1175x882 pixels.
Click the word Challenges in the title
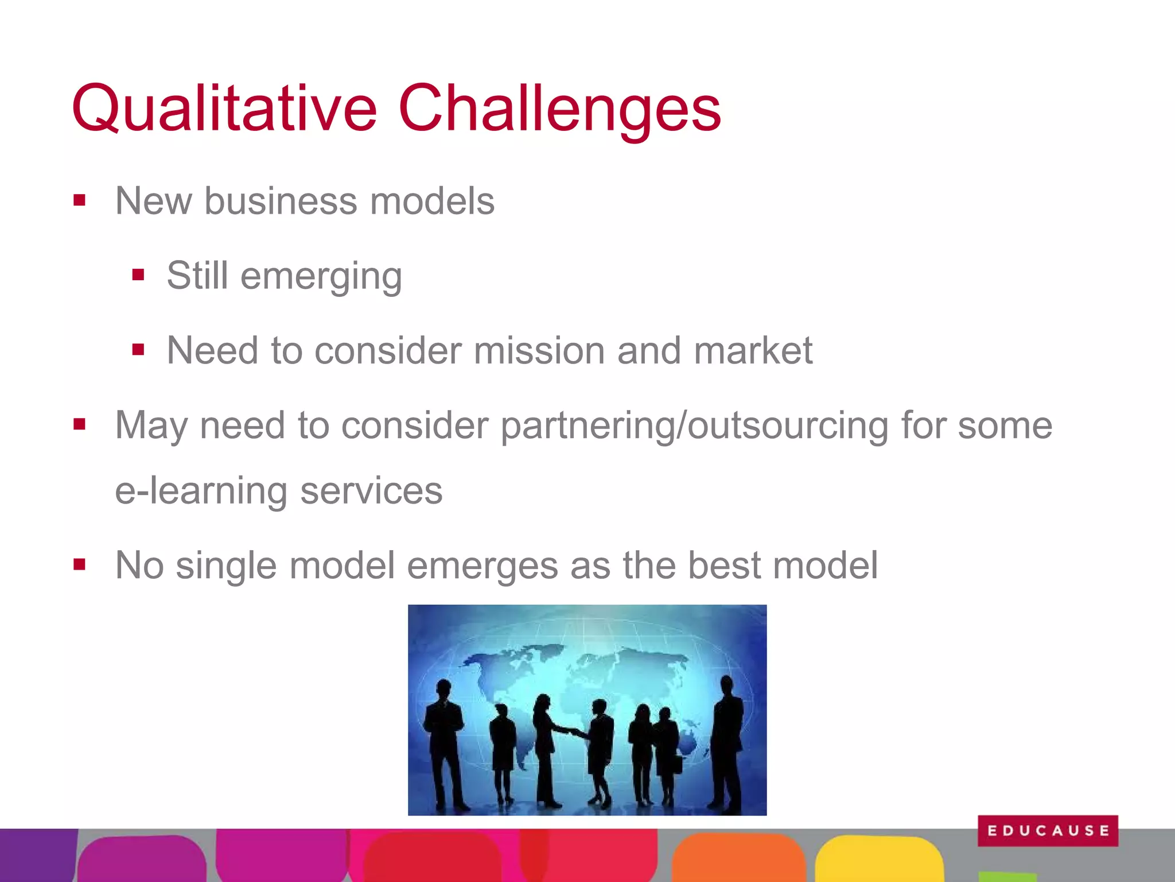(x=559, y=109)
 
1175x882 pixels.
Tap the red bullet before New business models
(x=79, y=200)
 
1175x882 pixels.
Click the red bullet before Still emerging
(x=138, y=275)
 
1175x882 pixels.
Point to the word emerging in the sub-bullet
(x=321, y=277)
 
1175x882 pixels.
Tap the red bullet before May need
(x=79, y=425)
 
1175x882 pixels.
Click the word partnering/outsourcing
(x=694, y=426)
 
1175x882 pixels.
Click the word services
(x=371, y=492)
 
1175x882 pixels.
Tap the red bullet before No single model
(x=79, y=565)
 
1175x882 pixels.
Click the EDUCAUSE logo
(x=1048, y=830)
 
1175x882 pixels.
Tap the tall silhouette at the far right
(x=727, y=741)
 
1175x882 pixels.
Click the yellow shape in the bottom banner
(x=878, y=859)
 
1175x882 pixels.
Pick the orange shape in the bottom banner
(x=738, y=859)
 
